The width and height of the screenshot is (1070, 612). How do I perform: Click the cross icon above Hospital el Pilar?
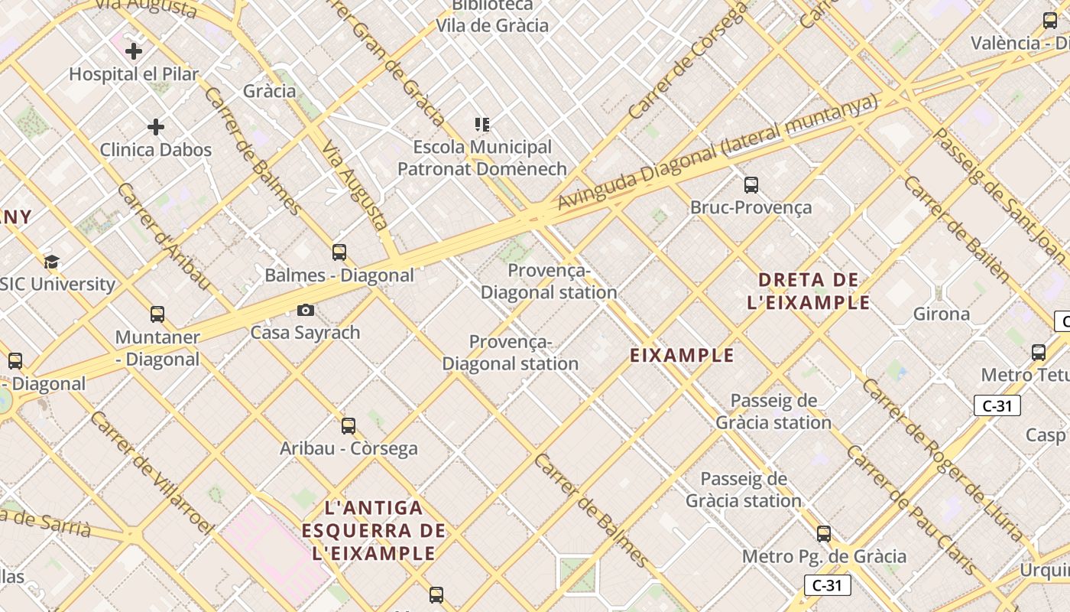coord(134,51)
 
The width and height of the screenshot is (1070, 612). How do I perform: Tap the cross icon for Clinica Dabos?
coord(156,126)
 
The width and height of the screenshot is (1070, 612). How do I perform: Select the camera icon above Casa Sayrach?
coord(305,310)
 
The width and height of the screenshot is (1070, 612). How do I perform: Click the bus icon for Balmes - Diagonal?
coord(339,252)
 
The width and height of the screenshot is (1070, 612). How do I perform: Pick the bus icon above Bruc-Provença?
coord(751,184)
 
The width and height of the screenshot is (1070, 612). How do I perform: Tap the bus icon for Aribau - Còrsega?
coord(349,425)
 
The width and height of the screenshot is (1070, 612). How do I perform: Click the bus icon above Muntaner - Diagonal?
coord(157,314)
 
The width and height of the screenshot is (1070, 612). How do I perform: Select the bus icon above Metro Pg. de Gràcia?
coord(824,533)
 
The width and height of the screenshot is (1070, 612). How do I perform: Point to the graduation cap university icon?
coord(51,262)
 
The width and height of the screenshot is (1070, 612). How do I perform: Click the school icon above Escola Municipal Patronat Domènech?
coord(482,124)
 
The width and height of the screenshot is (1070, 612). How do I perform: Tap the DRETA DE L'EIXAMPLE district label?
coord(809,291)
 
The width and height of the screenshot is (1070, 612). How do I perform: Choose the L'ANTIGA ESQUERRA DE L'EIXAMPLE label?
coord(374,530)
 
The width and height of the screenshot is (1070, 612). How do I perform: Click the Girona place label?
coord(942,314)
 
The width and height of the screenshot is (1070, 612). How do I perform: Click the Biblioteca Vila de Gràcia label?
coord(492,16)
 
